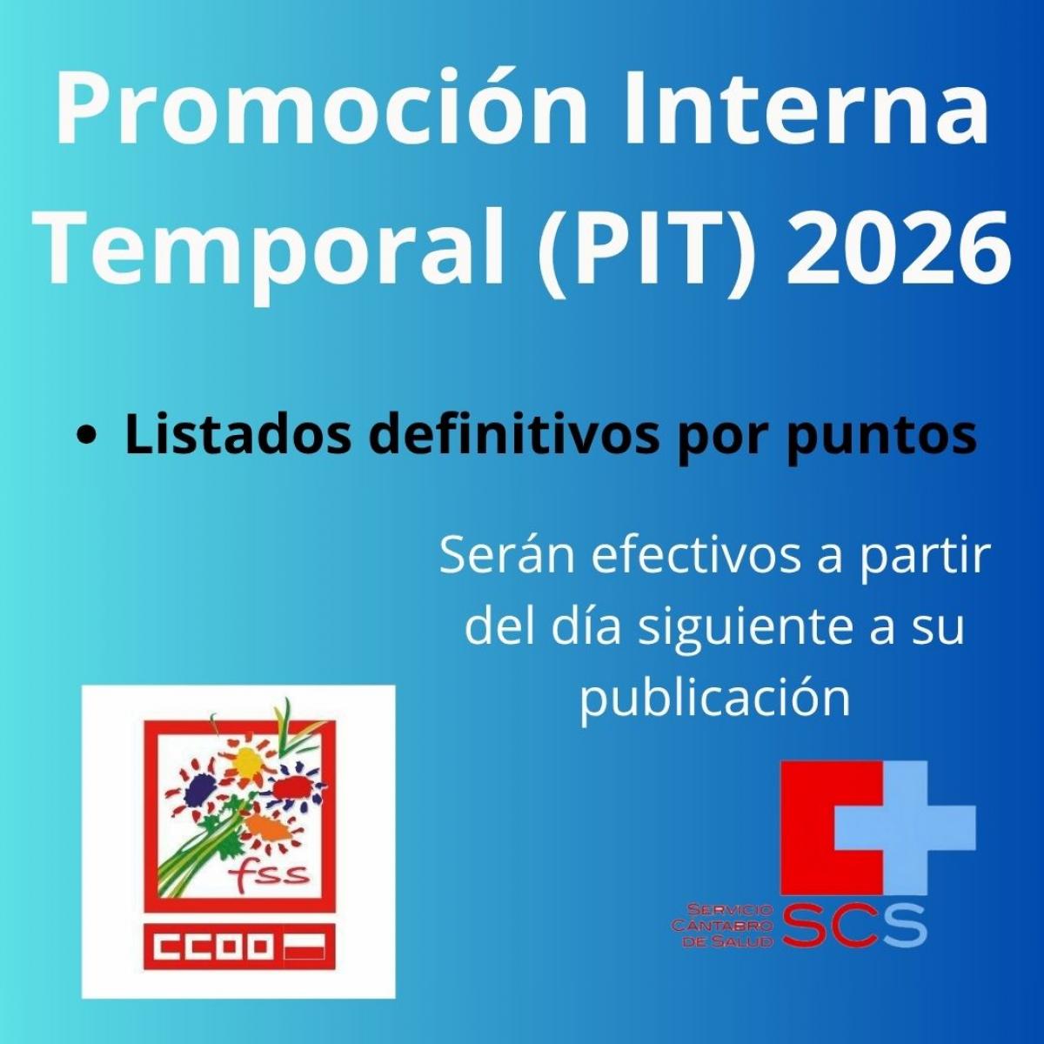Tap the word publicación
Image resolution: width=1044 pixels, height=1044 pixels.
coord(714,699)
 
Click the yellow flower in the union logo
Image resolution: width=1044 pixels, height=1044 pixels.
coord(247,761)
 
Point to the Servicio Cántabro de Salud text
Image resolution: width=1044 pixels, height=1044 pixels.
coord(722,926)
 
